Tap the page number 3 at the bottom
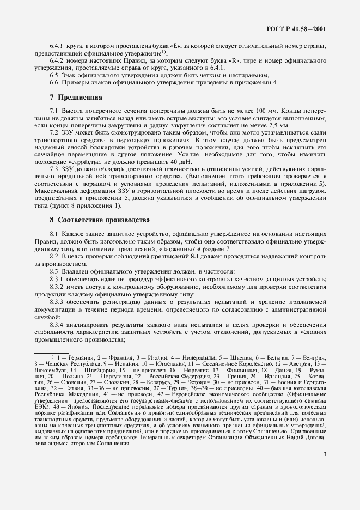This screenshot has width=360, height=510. (x=324, y=483)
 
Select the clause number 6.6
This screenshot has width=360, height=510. (x=55, y=82)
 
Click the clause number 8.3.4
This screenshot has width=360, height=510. (x=59, y=325)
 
